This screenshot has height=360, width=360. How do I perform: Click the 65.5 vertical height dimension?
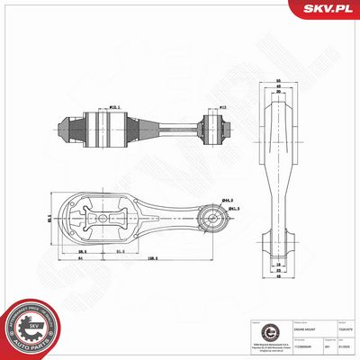pyautogui.click(x=49, y=215)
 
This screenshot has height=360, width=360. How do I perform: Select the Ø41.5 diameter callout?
pyautogui.click(x=233, y=210)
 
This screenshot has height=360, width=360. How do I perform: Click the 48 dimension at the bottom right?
pyautogui.click(x=280, y=277)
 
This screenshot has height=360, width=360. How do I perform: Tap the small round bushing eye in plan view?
pyautogui.click(x=215, y=217)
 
